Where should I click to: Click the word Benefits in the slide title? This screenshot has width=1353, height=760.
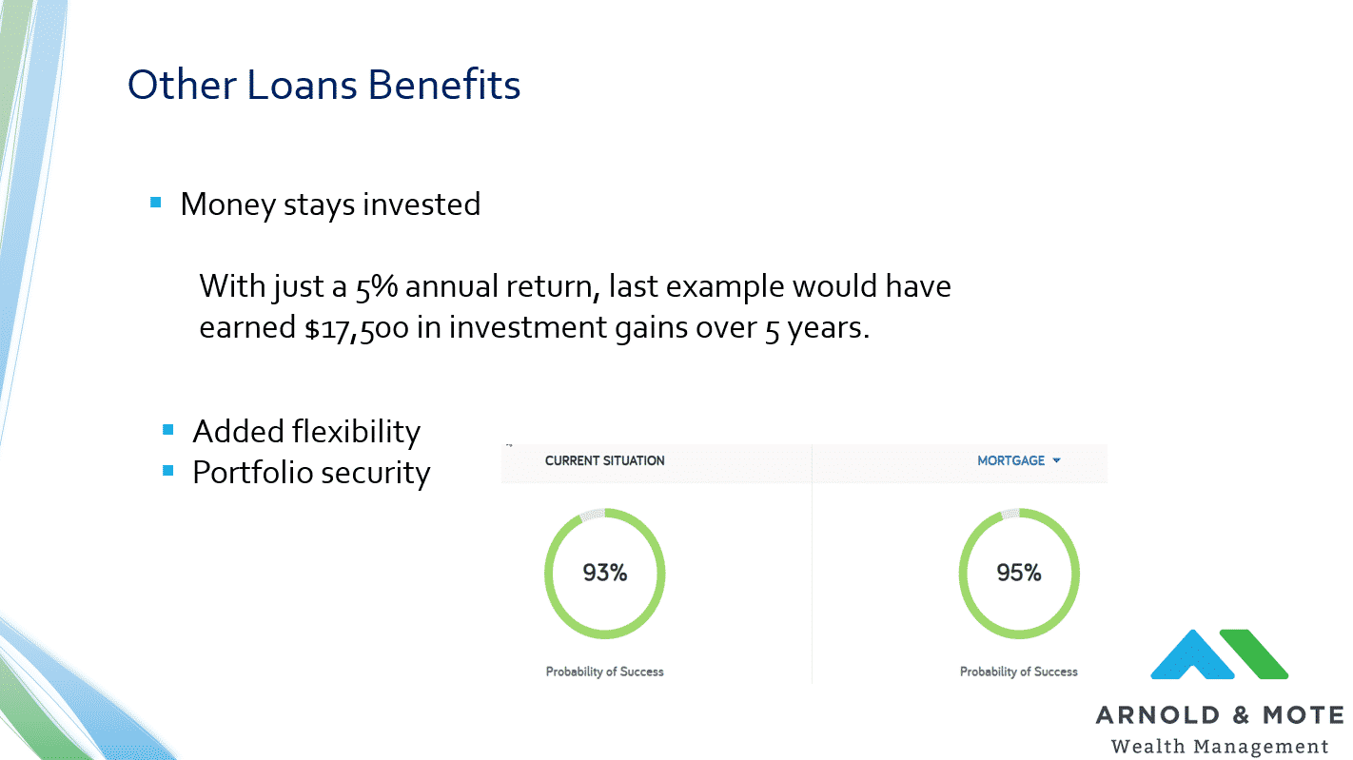[x=444, y=84]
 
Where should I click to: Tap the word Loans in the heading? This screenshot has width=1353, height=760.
[x=302, y=84]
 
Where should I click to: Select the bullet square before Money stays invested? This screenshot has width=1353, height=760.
[x=156, y=203]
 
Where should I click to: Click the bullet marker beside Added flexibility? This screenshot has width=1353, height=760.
[x=167, y=430]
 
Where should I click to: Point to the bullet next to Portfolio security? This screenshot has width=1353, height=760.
[x=167, y=470]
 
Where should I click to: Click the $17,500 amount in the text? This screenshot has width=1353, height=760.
[x=357, y=328]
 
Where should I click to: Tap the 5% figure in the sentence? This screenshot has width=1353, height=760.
[x=376, y=286]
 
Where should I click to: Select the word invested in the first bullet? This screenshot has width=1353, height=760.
[x=422, y=205]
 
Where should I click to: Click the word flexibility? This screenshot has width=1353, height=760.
[x=356, y=432]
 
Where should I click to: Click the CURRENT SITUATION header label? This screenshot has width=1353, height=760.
[x=604, y=460]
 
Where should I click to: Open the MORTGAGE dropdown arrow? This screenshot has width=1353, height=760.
[x=1056, y=460]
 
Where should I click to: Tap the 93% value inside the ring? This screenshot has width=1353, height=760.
[x=604, y=573]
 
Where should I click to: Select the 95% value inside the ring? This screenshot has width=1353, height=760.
[x=1019, y=573]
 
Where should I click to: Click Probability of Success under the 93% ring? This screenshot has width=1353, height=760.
[x=604, y=672]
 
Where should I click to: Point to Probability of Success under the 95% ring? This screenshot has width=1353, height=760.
[x=1019, y=672]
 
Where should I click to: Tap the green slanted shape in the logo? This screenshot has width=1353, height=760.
[x=1254, y=653]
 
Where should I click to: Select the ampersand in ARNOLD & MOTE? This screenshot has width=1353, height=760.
[x=1241, y=715]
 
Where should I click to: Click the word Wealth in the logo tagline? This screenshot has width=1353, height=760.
[x=1147, y=746]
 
